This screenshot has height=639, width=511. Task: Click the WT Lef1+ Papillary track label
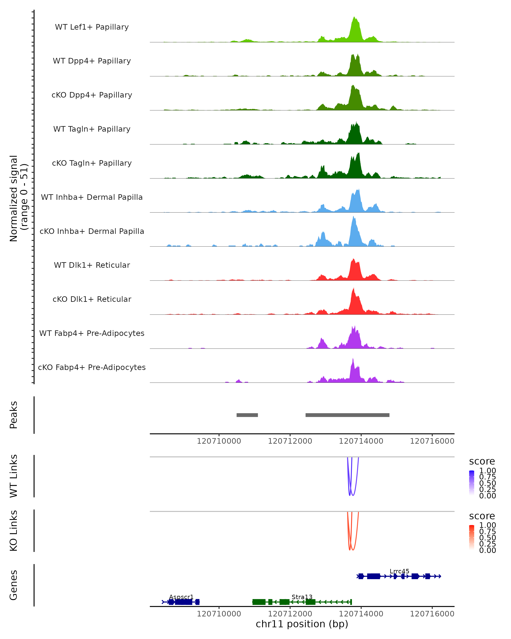pos(92,27)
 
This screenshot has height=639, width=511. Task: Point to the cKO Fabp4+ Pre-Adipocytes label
pos(92,367)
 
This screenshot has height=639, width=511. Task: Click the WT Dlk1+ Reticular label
pos(92,265)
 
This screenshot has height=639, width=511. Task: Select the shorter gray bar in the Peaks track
pos(247,415)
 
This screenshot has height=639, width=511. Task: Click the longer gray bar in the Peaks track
pos(347,415)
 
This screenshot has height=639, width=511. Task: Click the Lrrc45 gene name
pos(399,571)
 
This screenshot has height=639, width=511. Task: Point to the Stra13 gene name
pos(302,597)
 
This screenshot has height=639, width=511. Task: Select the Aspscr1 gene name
pos(181,597)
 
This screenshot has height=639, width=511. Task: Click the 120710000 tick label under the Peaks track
pos(219,441)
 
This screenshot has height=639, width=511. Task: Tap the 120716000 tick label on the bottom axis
pos(432,614)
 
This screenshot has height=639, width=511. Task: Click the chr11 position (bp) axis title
pos(302,624)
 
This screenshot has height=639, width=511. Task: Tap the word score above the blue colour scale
pos(482,462)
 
